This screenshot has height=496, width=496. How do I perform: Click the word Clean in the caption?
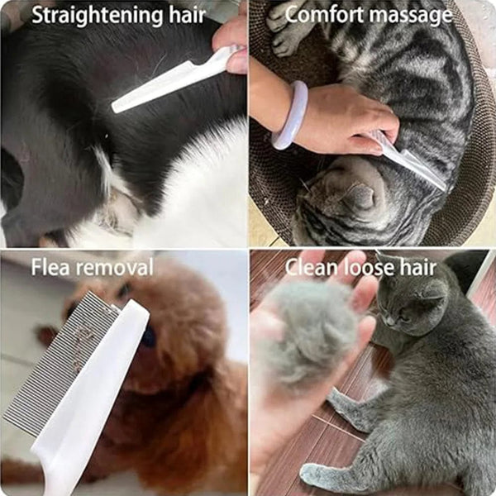[x=311, y=267]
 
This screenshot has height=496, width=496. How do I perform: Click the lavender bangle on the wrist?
[x=290, y=116]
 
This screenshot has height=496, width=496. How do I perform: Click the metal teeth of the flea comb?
[x=62, y=364]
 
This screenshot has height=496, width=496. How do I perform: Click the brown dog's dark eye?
[x=149, y=335]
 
